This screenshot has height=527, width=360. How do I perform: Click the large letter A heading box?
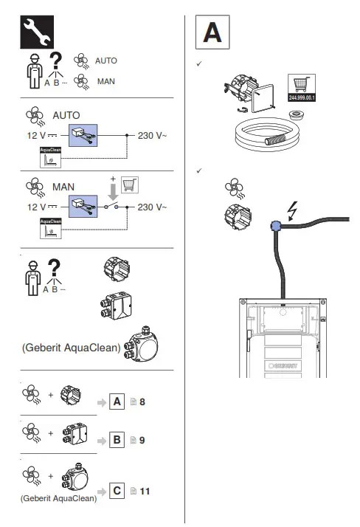[212, 34]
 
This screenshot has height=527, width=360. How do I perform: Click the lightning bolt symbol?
[293, 212]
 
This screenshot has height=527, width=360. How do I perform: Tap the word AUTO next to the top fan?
[105, 61]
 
